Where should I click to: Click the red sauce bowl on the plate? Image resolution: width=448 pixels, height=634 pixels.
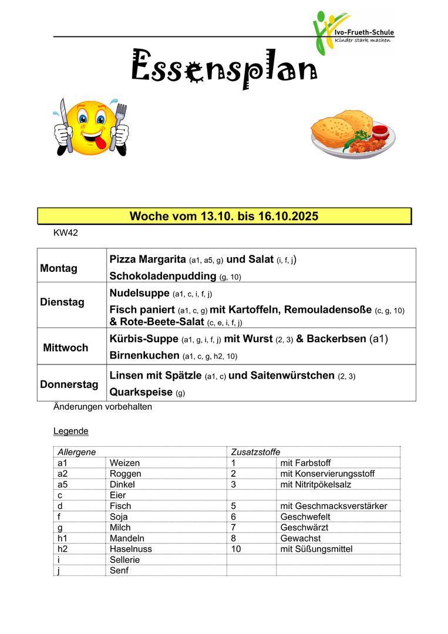(379, 130)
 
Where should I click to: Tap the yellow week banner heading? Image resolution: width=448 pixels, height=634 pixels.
(224, 216)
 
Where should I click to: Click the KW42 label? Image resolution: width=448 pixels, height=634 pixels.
(65, 233)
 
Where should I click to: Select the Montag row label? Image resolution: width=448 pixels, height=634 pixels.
(59, 268)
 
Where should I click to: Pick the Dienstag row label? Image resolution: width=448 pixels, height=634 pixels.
(62, 302)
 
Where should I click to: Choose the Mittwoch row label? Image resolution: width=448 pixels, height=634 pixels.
(65, 348)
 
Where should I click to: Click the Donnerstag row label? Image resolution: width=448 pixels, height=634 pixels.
(69, 385)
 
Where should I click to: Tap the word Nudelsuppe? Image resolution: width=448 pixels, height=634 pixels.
(139, 293)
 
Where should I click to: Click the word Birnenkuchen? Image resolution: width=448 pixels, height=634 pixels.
(144, 355)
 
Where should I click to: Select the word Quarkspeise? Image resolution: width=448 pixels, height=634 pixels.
(141, 392)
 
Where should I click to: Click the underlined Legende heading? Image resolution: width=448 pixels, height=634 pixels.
(70, 431)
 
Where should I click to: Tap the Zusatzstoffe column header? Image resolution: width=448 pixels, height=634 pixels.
(255, 452)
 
